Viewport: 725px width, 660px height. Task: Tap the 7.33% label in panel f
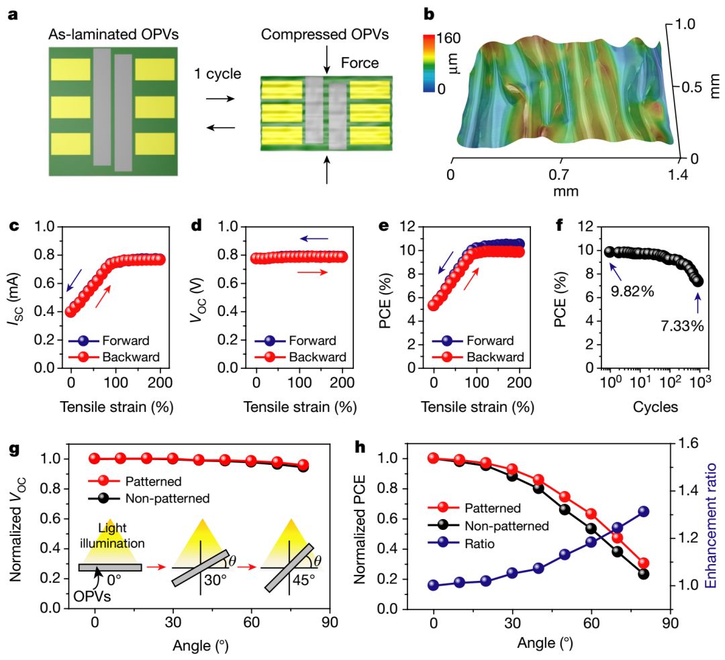pyautogui.click(x=679, y=327)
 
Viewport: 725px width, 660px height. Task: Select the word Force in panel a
pyautogui.click(x=359, y=64)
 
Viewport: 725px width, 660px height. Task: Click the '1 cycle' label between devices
pyautogui.click(x=217, y=73)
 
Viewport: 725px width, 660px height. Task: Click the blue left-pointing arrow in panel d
pyautogui.click(x=314, y=238)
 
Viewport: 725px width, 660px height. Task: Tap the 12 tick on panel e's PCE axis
pyautogui.click(x=416, y=227)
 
